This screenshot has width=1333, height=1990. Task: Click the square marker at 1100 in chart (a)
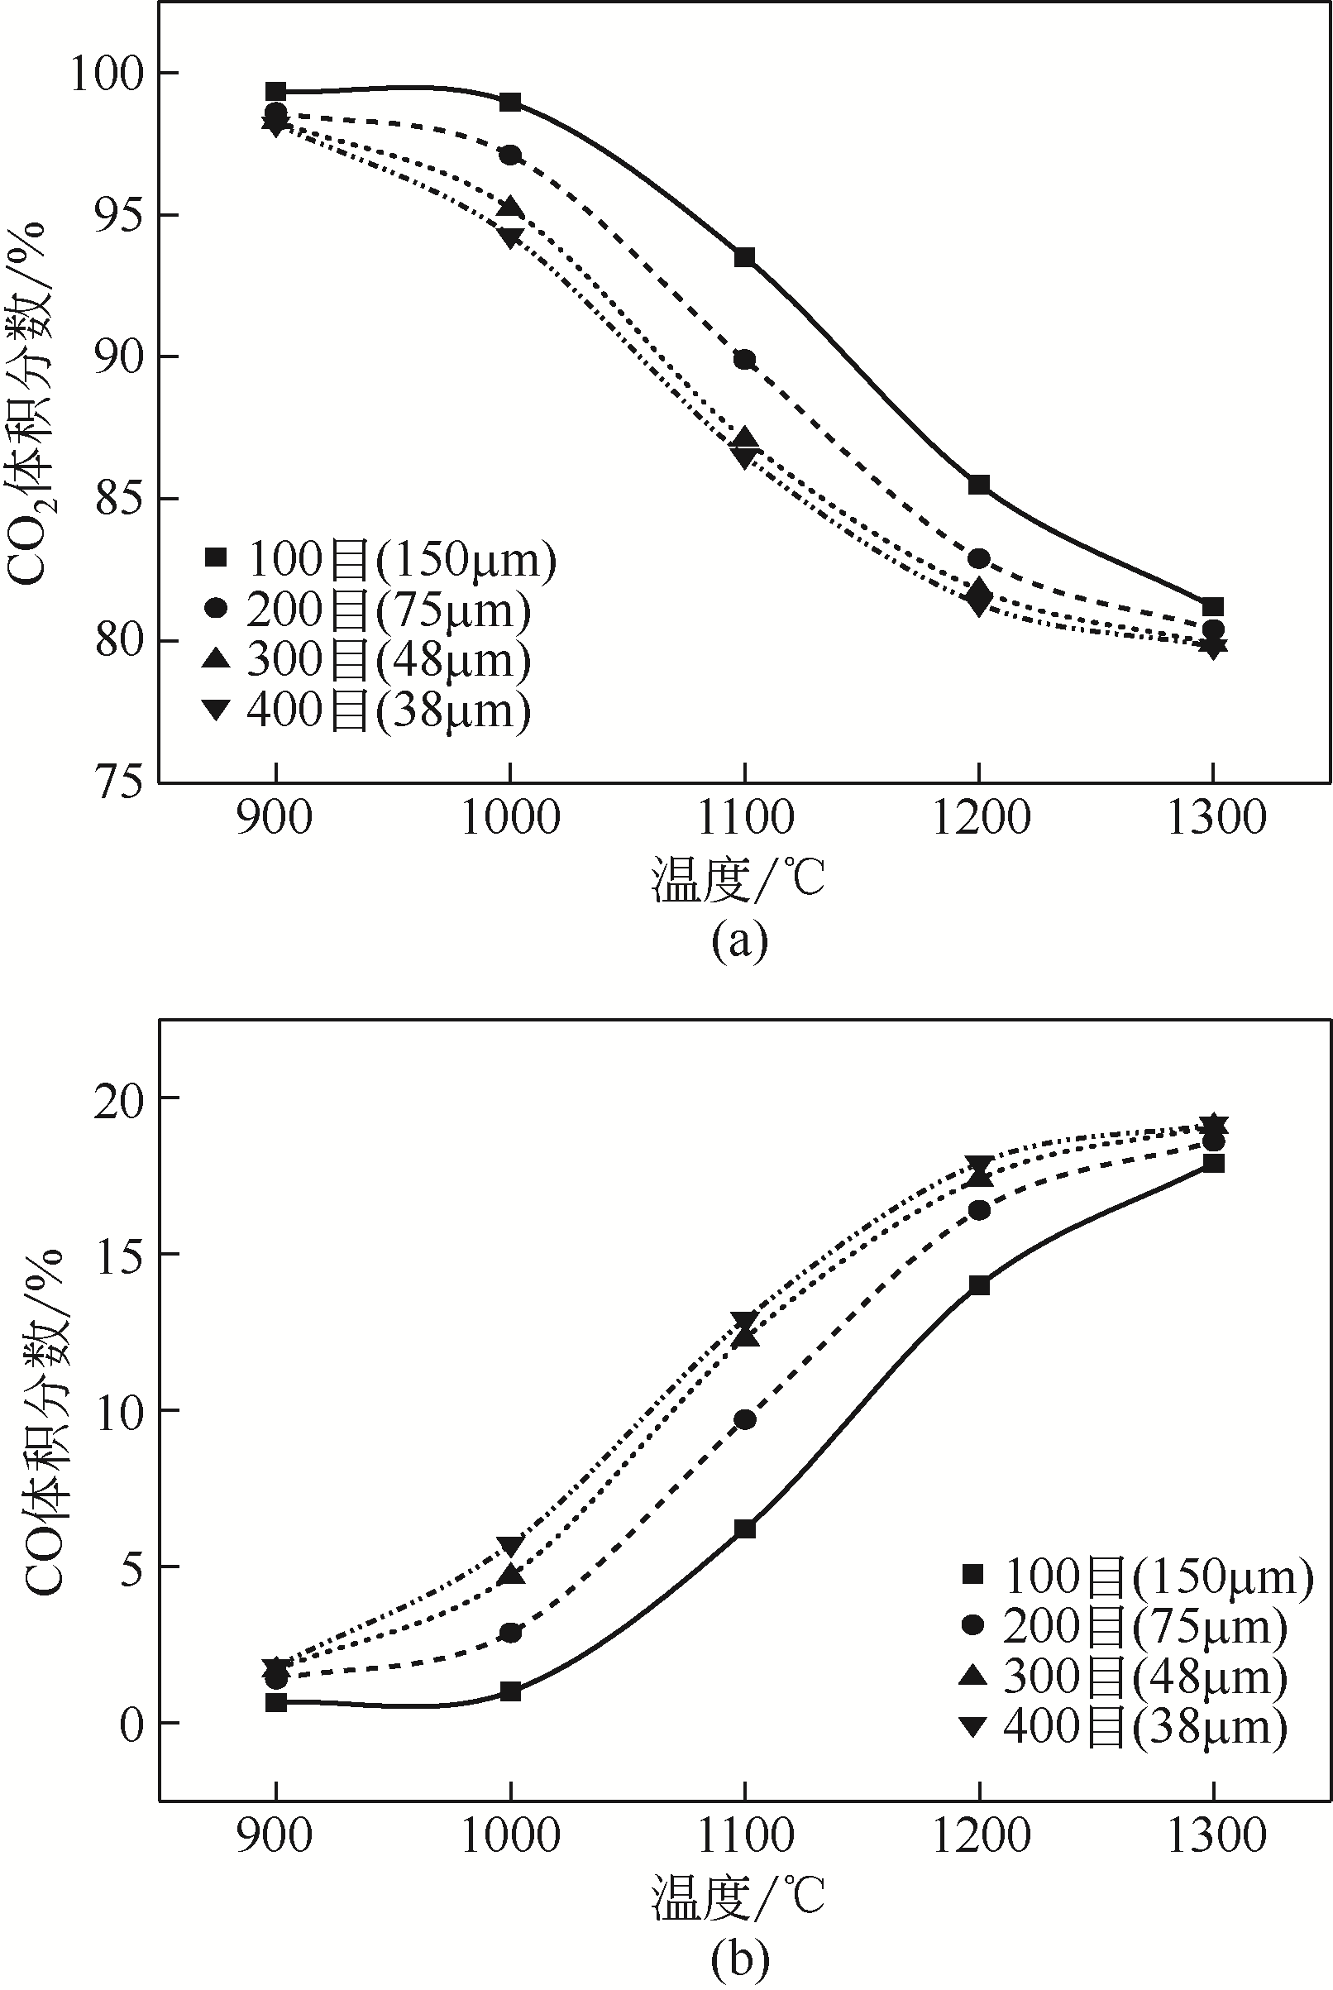[745, 257]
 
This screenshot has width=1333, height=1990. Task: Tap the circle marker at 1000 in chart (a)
[510, 155]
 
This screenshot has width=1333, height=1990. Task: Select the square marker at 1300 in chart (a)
[1213, 606]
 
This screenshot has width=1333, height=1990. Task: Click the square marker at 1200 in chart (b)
[979, 1285]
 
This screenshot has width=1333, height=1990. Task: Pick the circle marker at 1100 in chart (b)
[745, 1419]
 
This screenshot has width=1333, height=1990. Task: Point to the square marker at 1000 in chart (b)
[510, 1691]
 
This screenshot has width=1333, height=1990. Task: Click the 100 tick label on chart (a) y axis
[107, 74]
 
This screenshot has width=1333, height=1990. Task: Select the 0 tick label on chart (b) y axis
[131, 1725]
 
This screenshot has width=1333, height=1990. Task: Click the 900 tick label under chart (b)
[275, 1836]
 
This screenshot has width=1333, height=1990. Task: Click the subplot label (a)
[738, 940]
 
